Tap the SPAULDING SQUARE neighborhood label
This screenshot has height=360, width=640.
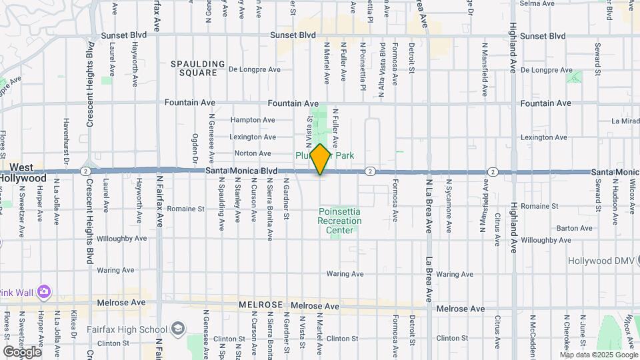198,68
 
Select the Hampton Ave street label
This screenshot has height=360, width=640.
253,120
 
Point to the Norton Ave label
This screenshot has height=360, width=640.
252,153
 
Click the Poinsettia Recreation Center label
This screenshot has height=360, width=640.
339,221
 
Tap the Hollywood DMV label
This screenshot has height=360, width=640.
603,261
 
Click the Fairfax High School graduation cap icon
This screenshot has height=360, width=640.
178,329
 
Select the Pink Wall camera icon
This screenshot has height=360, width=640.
44,291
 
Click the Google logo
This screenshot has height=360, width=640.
22,351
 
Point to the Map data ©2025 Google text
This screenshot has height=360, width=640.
598,355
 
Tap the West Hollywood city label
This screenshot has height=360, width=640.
23,172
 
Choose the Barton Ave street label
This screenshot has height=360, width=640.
574,228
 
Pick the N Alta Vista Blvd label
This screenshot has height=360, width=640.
383,61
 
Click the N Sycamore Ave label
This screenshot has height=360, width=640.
449,200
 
